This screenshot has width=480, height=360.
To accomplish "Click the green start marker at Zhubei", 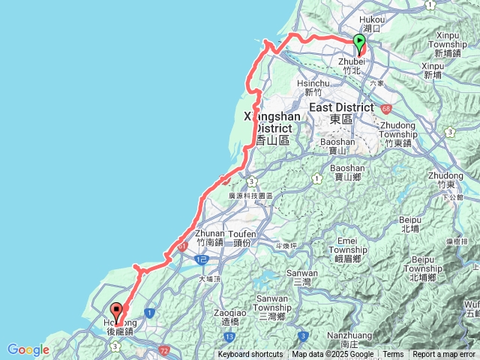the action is coord(359,43).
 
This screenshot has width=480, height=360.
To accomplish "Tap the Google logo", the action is coord(28,349).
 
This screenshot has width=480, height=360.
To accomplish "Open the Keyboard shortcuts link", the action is coord(250,355).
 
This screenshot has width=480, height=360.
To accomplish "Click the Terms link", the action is coord(393,355).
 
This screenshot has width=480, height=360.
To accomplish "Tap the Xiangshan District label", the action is coord(273,122).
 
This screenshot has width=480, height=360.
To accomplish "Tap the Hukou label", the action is coord(372,25).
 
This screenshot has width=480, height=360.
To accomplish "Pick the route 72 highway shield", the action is coord(164,350).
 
